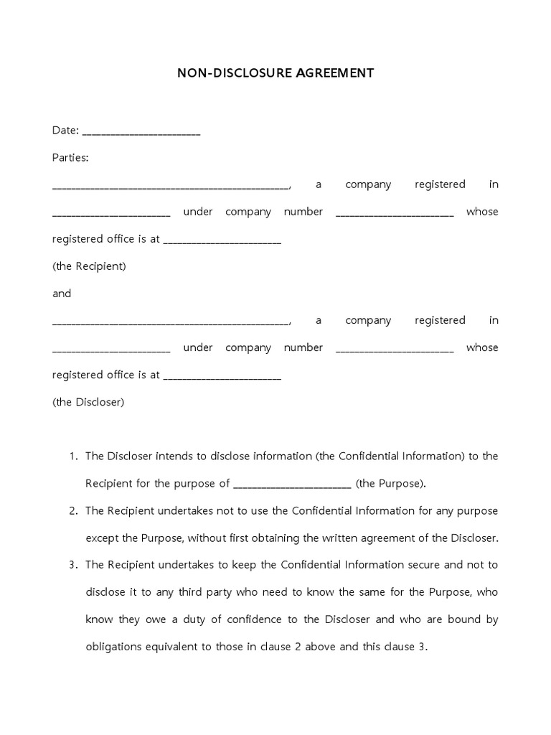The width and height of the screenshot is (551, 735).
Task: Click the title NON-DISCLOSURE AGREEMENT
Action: (x=275, y=73)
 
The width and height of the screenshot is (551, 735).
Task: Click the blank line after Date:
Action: (x=141, y=132)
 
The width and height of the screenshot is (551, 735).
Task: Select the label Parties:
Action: (x=70, y=157)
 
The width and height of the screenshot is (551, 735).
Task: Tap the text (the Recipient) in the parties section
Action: (x=89, y=266)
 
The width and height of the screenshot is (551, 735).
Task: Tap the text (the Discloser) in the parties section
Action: (x=88, y=402)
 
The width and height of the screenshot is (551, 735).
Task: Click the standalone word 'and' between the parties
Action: (x=62, y=294)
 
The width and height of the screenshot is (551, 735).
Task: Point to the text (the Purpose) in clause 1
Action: (x=390, y=484)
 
